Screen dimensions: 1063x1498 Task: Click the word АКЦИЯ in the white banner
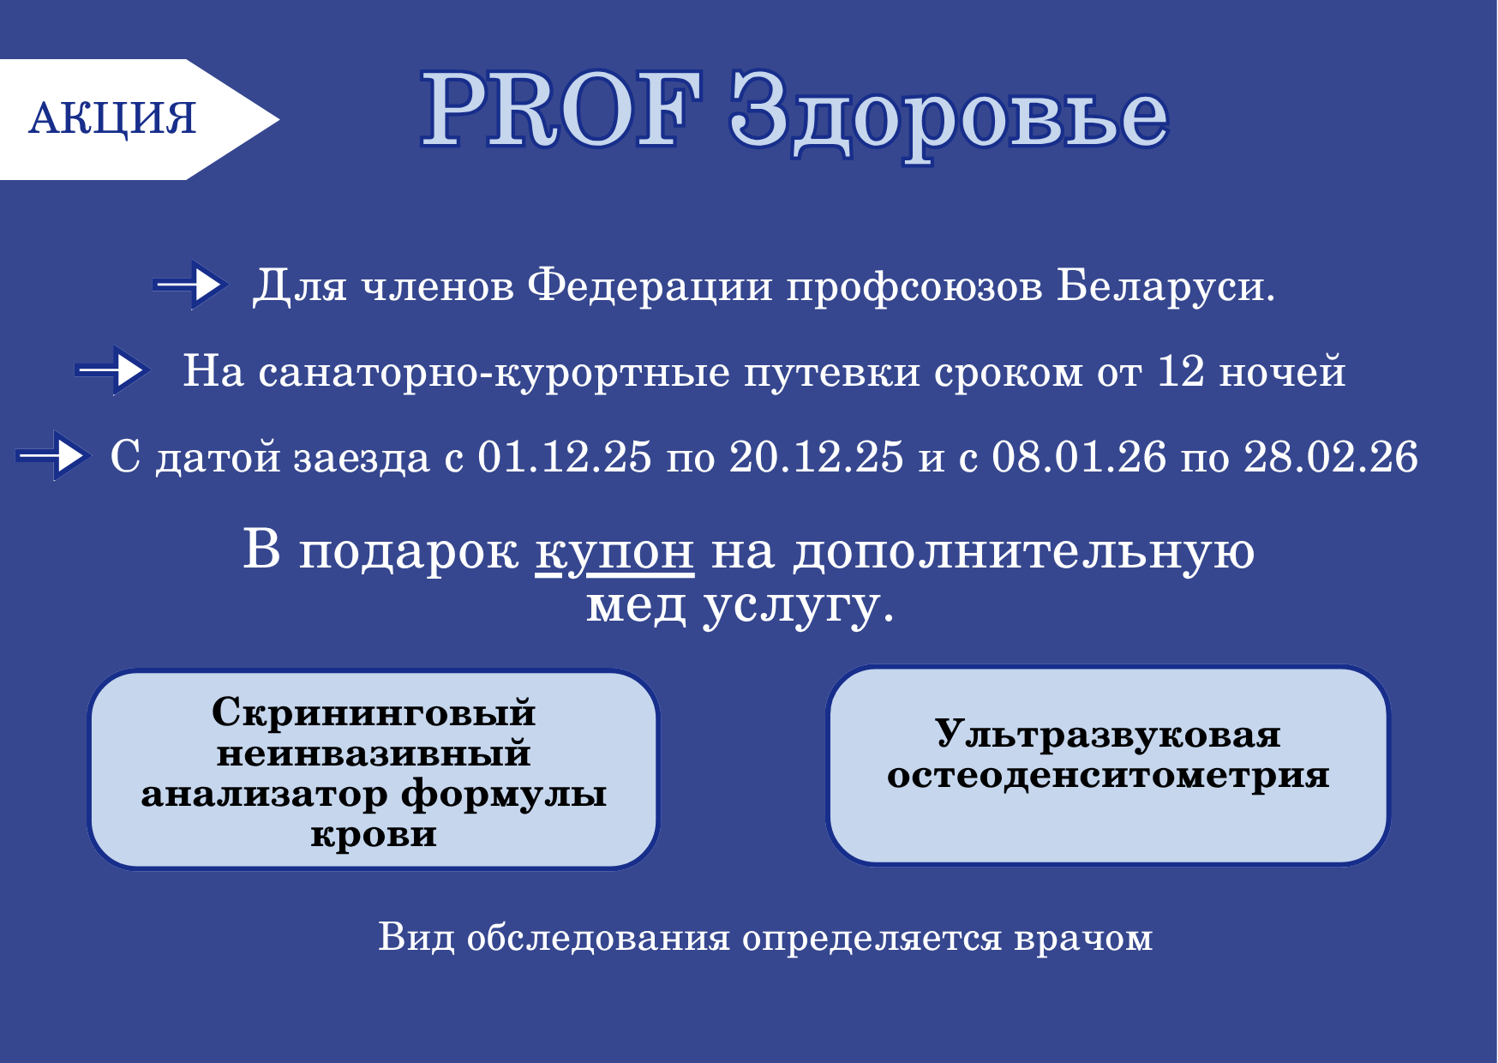point(112,118)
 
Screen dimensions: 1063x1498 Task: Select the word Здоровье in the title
point(949,115)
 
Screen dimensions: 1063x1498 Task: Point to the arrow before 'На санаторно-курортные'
point(114,370)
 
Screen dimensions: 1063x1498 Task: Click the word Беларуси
point(1165,285)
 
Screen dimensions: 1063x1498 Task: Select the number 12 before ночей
point(1181,371)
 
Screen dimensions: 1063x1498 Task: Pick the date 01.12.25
point(564,457)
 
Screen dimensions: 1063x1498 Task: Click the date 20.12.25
point(816,457)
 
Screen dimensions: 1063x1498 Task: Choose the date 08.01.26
point(1079,457)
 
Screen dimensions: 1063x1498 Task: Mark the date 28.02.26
point(1330,457)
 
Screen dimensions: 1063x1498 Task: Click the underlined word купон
point(614,551)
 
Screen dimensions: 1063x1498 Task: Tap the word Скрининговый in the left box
point(374,712)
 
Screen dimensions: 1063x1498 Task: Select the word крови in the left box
point(374,834)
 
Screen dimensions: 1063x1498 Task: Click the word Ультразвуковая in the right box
point(1107,734)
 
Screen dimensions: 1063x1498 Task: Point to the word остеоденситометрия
point(1107,775)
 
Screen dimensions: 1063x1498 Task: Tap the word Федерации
point(650,285)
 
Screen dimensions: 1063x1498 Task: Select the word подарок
point(408,551)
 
